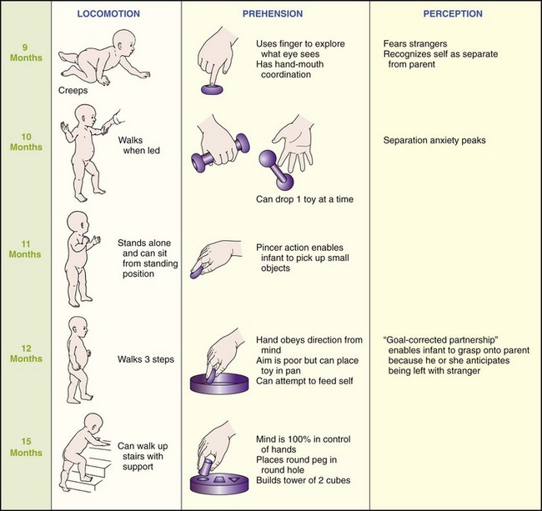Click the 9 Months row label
tap(18, 53)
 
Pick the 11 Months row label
tap(18, 249)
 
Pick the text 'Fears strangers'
tap(418, 43)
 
